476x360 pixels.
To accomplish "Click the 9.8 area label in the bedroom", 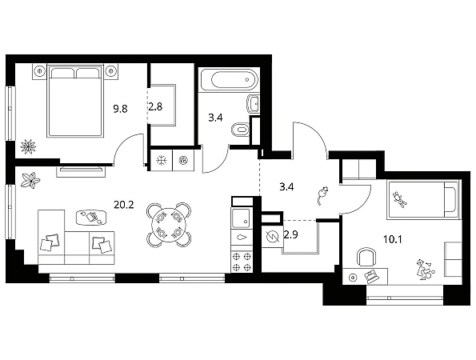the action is pyautogui.click(x=120, y=108).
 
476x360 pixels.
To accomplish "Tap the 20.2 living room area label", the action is pyautogui.click(x=124, y=205).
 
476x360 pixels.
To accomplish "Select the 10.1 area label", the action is pyautogui.click(x=393, y=240).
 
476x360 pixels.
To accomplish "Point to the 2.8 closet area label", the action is pyautogui.click(x=155, y=106).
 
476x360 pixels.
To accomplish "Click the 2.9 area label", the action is pyautogui.click(x=290, y=234).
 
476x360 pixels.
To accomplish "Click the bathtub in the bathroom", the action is pyautogui.click(x=234, y=80).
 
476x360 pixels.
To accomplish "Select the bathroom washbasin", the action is pyautogui.click(x=254, y=104).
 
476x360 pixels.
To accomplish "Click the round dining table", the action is pyautogui.click(x=169, y=225).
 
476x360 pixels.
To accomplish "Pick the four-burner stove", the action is pyautogui.click(x=242, y=262).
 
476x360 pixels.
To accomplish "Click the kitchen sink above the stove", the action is pyautogui.click(x=241, y=218).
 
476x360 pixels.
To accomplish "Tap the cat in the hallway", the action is pyautogui.click(x=322, y=195).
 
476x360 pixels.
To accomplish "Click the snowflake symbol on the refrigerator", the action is pyautogui.click(x=161, y=160).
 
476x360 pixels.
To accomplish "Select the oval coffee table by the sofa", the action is pyautogui.click(x=91, y=218).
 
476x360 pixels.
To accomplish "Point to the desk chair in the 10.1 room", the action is pyautogui.click(x=366, y=257).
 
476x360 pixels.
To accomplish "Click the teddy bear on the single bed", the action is pyautogui.click(x=400, y=199).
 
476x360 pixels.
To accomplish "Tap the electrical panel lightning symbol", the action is pyautogui.click(x=272, y=237).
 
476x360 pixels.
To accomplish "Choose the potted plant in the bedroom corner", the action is pyautogui.click(x=28, y=146).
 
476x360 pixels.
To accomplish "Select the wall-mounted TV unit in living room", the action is pyautogui.click(x=82, y=170).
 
